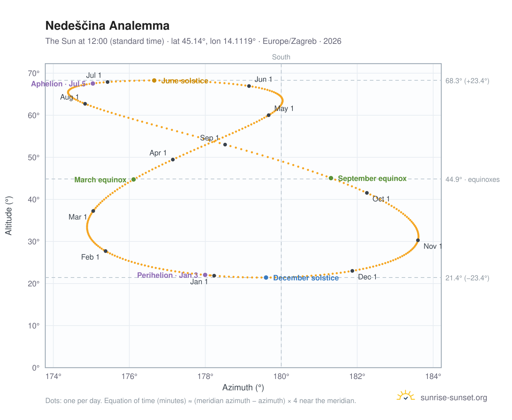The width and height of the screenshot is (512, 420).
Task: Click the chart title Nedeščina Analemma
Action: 107,25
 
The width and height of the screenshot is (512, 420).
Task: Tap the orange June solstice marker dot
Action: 154,80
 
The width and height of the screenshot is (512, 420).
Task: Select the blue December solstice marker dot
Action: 266,277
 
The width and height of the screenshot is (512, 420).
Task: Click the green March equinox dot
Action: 133,179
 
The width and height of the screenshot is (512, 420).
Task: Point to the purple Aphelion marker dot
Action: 93,83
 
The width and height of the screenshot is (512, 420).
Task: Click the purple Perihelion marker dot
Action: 205,275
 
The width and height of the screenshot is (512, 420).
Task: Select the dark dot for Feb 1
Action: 105,251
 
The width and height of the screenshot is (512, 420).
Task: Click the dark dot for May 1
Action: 268,115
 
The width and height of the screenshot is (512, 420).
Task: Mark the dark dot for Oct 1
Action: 367,193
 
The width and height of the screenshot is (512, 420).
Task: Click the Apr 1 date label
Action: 158,153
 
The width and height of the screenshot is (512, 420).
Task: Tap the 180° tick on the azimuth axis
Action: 281,376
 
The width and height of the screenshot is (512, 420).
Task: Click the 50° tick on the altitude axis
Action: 34,158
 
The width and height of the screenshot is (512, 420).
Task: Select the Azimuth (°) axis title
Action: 243,387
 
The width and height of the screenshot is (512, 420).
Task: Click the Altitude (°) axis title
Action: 8,215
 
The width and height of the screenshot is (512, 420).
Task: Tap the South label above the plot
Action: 281,57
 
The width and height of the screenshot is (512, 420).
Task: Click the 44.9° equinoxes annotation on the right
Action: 472,179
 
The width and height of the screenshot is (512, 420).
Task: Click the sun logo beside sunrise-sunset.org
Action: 405,396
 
